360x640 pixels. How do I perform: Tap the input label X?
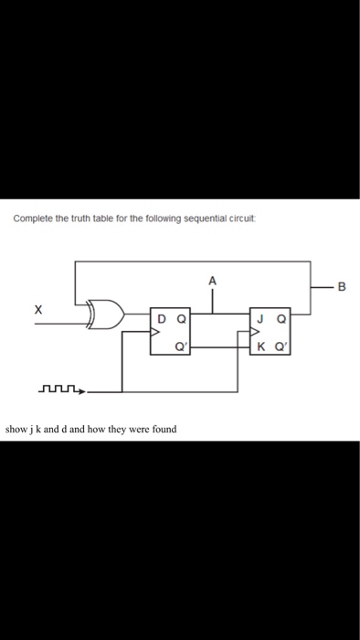tap(37, 311)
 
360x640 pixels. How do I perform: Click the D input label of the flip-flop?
tap(162, 319)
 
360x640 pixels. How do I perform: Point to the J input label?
tap(261, 319)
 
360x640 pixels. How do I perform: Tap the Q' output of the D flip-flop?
tap(183, 346)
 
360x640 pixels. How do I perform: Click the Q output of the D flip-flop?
tap(182, 319)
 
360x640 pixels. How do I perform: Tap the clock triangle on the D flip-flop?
tap(156, 333)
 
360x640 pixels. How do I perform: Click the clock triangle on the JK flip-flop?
tap(255, 333)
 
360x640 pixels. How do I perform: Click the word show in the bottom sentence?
tap(16, 428)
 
